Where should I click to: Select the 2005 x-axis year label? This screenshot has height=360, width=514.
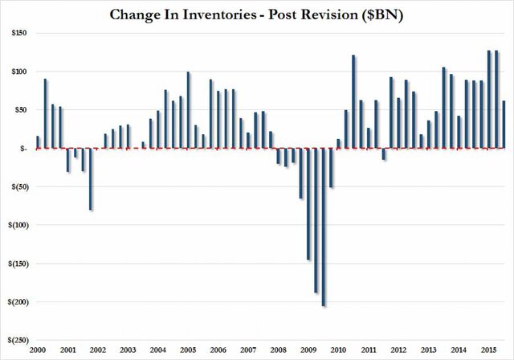[188, 351]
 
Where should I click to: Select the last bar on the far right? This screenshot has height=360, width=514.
[504, 125]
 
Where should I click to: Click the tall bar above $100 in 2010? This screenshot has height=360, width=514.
[353, 101]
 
